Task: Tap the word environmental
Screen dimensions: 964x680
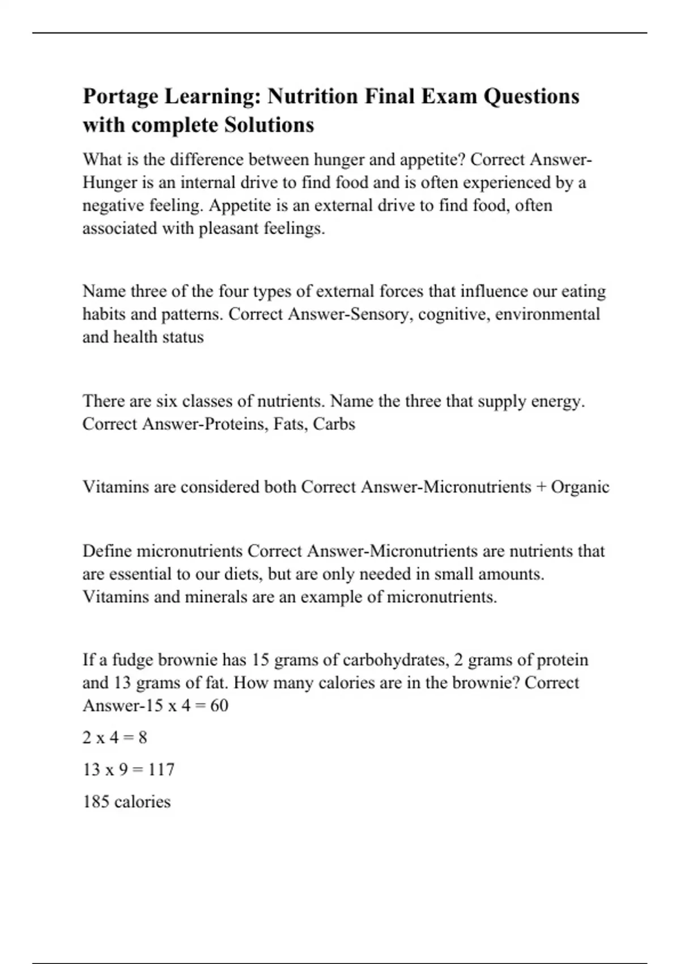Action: point(547,314)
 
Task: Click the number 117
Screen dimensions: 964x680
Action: point(161,769)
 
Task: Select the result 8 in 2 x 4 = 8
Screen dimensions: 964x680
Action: point(142,738)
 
